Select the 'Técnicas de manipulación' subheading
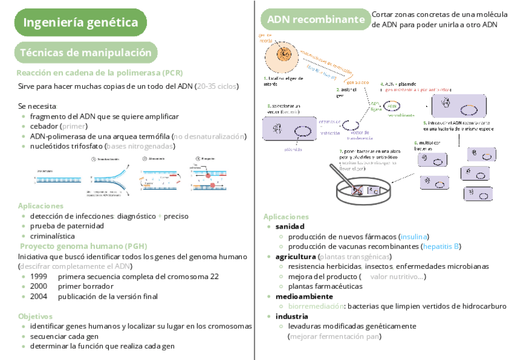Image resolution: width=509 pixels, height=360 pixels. coord(86,53)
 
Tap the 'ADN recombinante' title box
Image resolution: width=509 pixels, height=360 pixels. coord(316,20)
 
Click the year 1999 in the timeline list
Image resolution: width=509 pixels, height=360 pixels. coord(38,277)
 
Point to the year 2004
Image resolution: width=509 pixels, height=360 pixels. coord(38,296)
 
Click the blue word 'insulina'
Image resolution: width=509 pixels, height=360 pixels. coord(414,236)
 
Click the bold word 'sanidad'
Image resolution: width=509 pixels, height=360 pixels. coord(290,226)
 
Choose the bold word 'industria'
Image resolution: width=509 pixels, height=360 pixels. coord(292,316)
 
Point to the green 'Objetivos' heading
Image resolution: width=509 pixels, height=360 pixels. coord(35,316)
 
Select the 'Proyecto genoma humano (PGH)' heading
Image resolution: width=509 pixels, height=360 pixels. coord(83,246)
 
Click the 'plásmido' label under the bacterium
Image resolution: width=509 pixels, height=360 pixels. coord(277,149)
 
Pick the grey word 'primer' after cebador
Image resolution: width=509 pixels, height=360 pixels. coord(74,127)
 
